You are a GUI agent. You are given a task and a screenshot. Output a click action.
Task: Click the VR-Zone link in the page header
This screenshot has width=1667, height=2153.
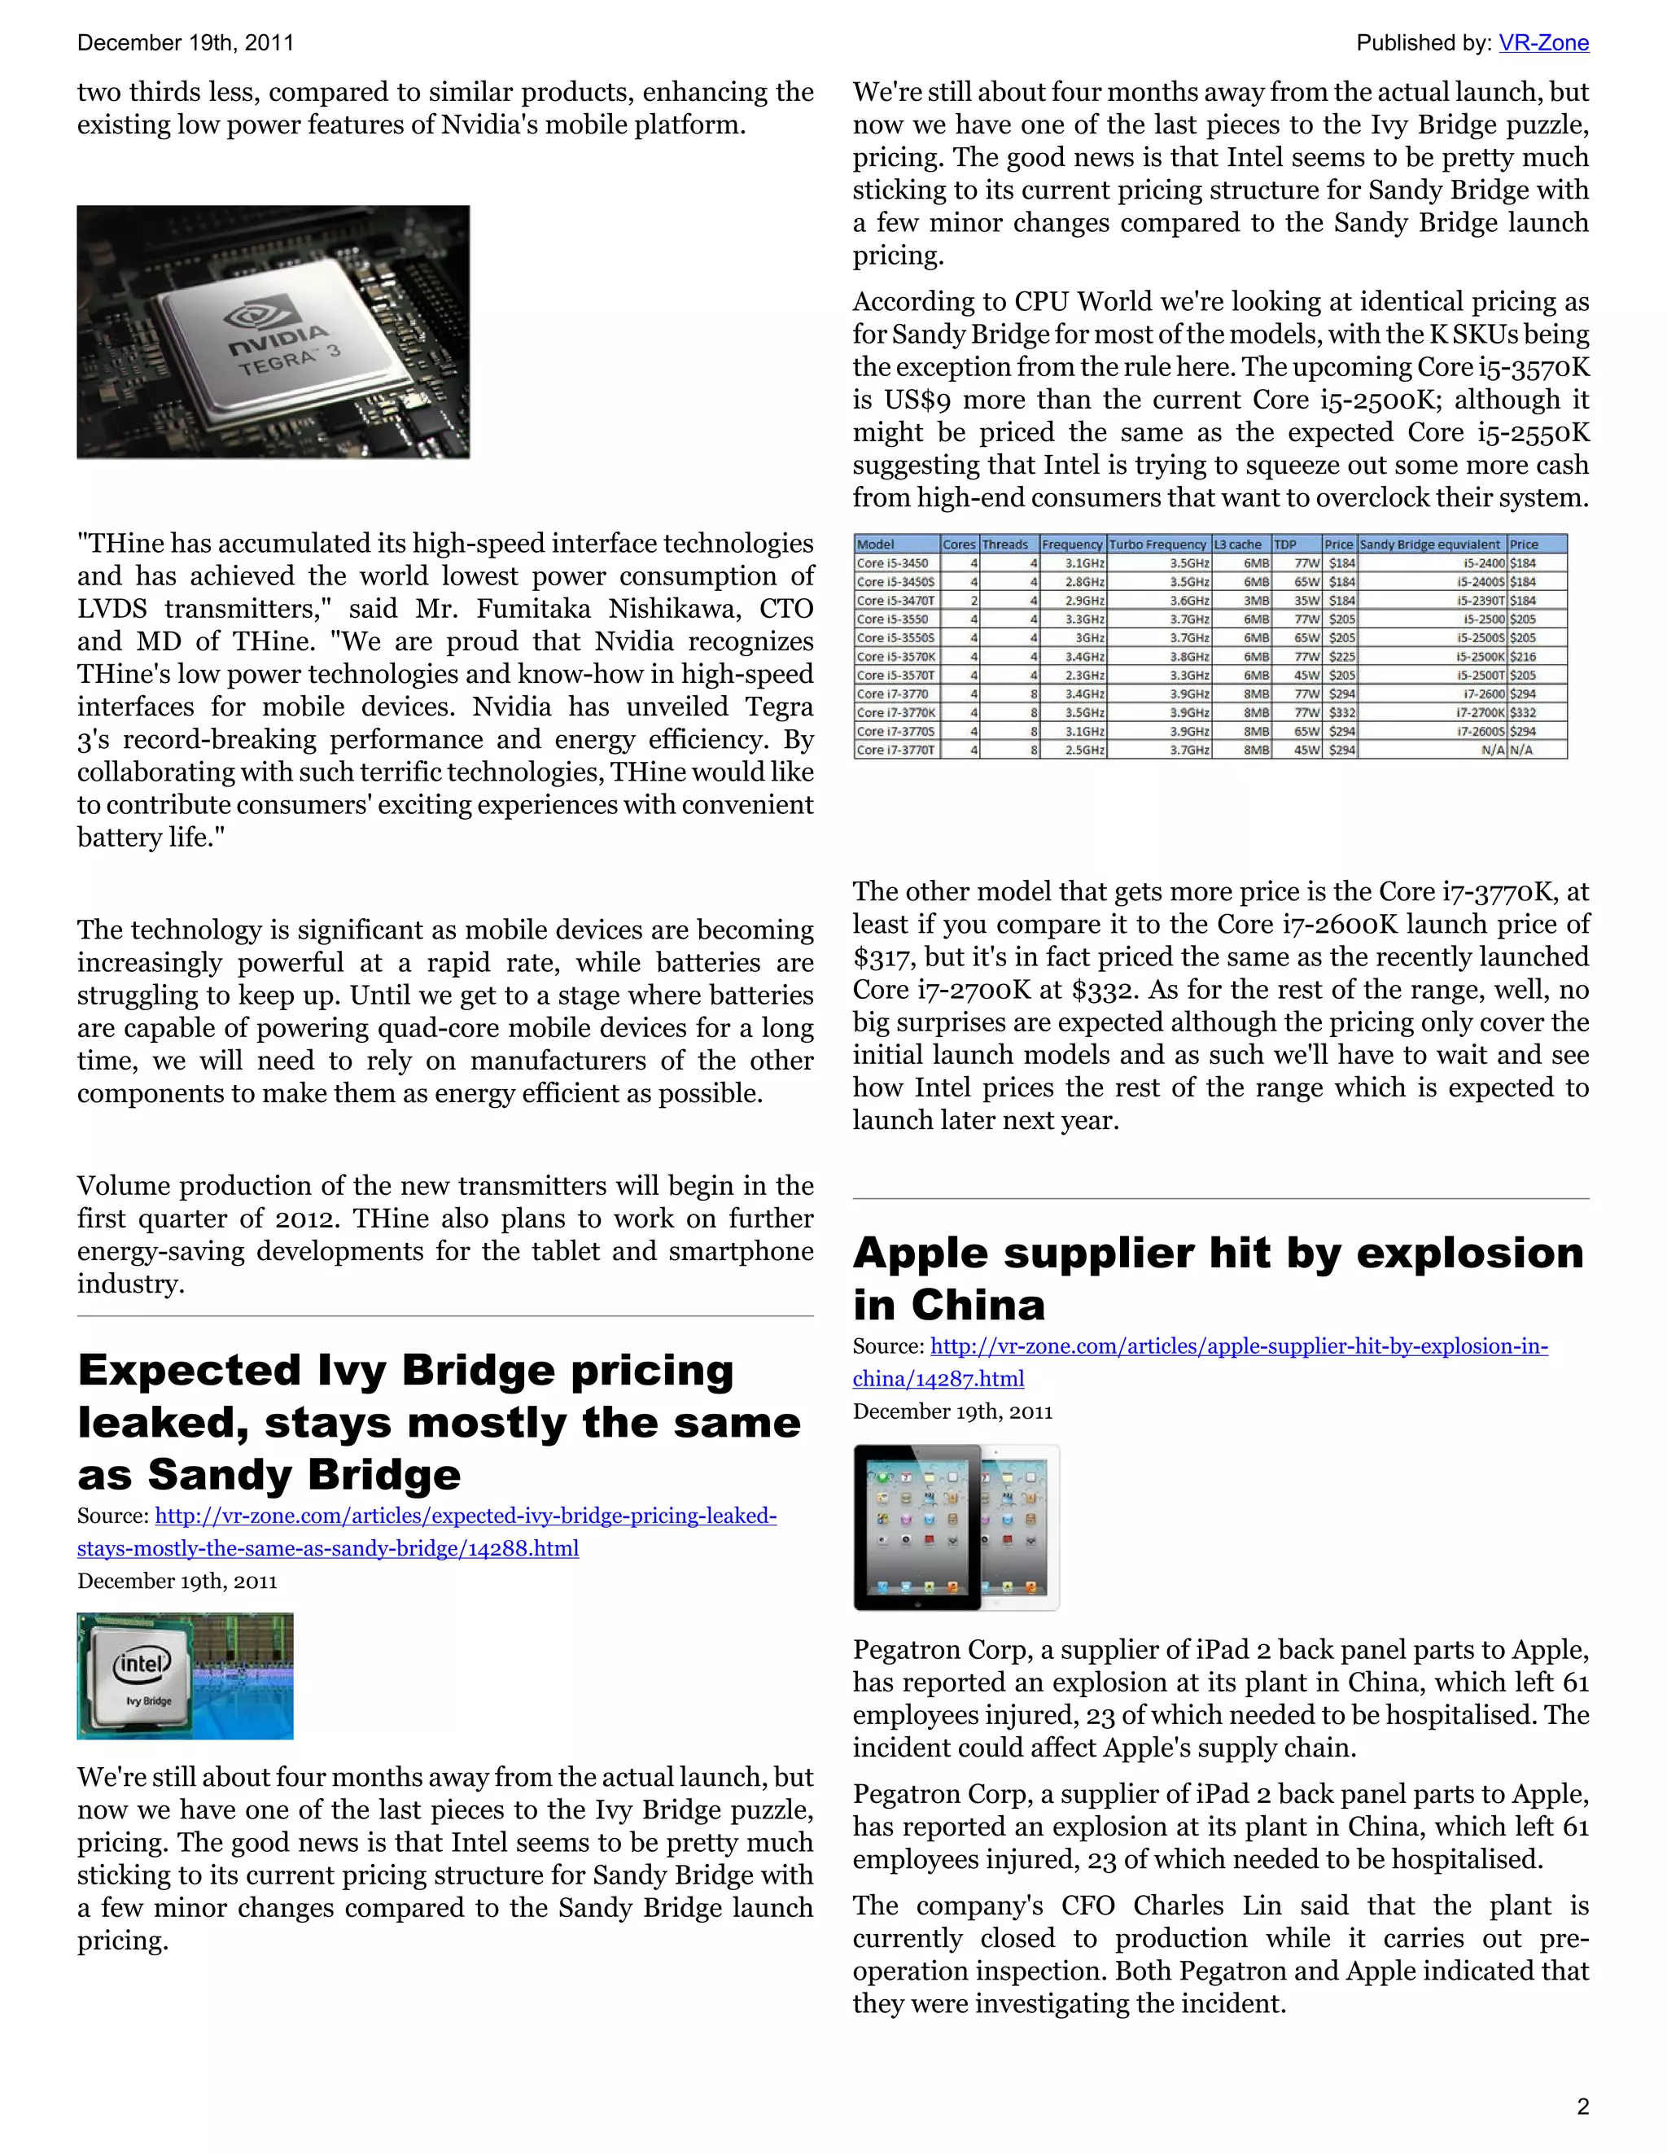1542,43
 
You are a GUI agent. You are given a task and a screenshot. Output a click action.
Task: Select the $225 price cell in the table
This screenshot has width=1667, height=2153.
1341,657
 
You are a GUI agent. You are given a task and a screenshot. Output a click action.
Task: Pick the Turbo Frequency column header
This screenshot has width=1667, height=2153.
1157,545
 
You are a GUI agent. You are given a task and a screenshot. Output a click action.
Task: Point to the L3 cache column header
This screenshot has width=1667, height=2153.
1238,545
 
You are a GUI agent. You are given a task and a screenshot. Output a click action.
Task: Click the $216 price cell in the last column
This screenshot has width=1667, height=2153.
1523,657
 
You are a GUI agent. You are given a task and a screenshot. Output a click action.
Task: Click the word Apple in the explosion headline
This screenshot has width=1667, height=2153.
920,1254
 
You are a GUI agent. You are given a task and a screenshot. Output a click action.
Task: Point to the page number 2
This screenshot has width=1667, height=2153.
1582,2107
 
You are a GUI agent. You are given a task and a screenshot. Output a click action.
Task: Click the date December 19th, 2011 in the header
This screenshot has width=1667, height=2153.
186,43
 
